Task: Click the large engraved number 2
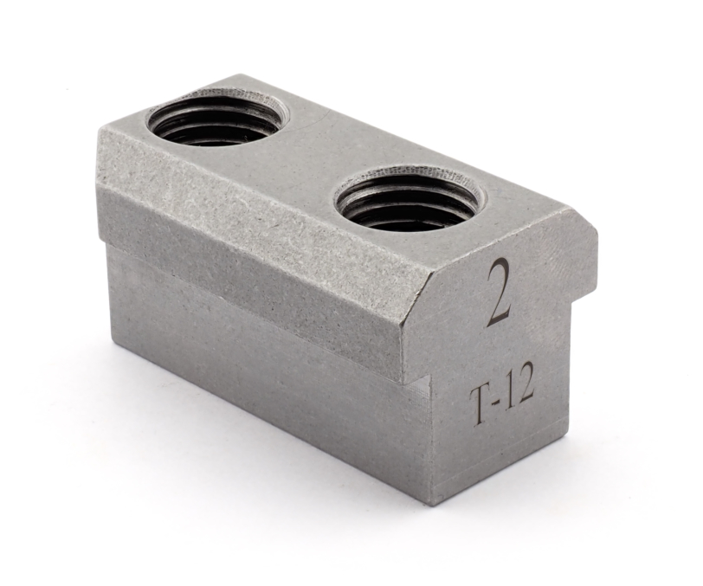(x=500, y=293)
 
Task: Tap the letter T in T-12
(x=480, y=407)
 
